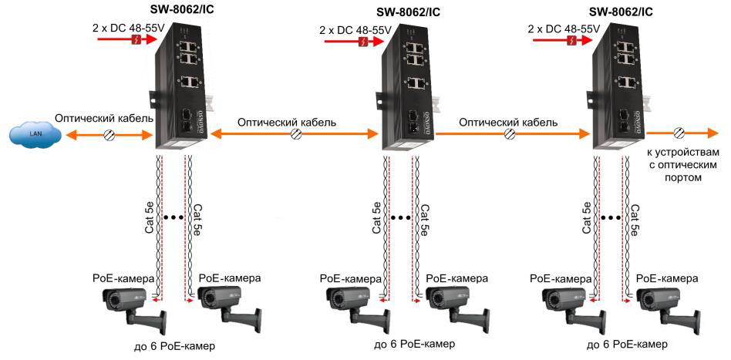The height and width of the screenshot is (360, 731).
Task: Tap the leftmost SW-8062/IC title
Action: (183, 11)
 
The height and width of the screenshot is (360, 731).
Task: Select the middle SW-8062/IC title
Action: (409, 12)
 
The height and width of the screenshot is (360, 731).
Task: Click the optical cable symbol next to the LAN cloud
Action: (109, 135)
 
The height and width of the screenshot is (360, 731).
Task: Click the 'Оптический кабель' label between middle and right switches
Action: (508, 122)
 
